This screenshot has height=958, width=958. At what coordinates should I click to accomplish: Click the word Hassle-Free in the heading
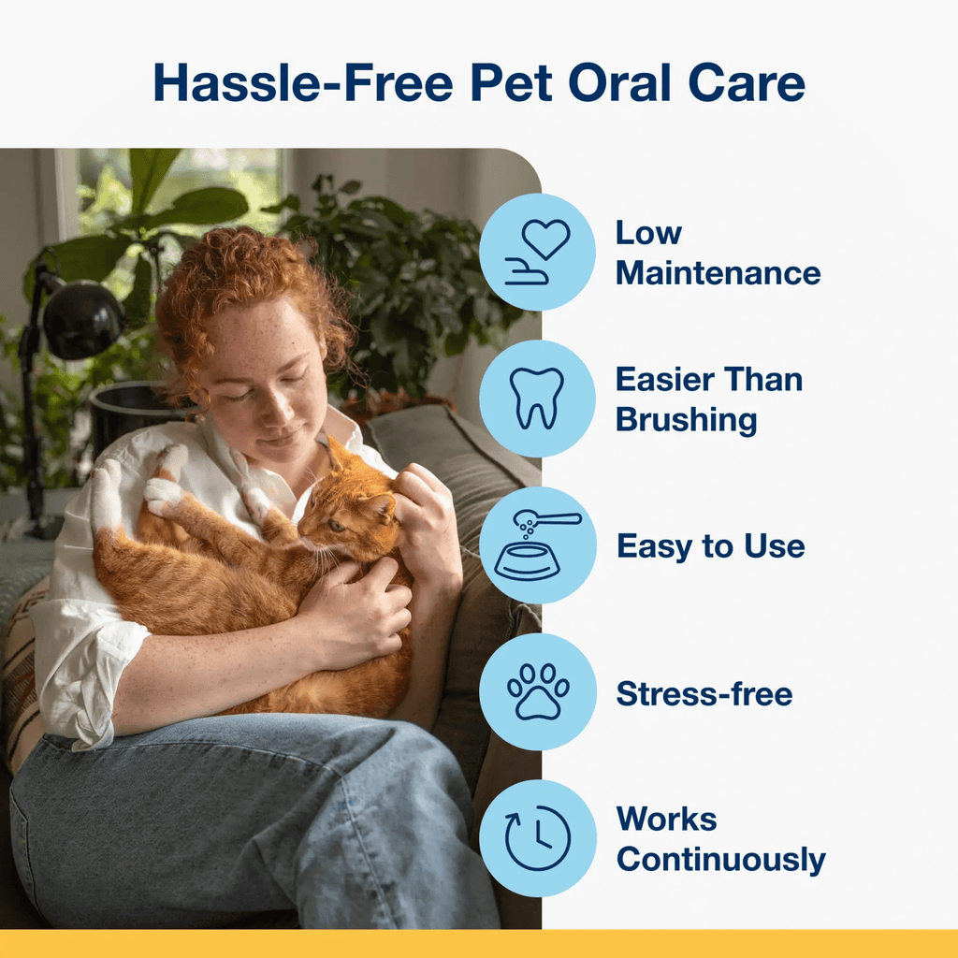pos(303,82)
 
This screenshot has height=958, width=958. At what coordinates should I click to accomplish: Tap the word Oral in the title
pos(619,82)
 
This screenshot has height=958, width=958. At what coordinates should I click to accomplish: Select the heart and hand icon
pos(537,253)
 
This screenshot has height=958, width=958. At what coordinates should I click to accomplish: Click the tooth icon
pos(536,399)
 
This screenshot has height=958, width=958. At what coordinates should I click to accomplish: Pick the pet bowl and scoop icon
pos(537,545)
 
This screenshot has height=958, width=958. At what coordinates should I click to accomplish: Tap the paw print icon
pos(538,691)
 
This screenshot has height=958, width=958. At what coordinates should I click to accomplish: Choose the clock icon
pos(538,837)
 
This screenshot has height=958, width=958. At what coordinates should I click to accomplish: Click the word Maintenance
pos(718,272)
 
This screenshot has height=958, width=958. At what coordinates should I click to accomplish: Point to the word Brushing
pos(686,420)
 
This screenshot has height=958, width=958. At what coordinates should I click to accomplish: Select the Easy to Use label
pos(711,545)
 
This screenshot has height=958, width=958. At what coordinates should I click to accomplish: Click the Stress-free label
pos(704,693)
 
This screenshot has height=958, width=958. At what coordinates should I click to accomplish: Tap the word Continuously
pos(721,860)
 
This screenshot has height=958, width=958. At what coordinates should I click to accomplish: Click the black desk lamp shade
pos(82,320)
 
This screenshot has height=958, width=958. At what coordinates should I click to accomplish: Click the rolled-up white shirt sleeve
pos(92,672)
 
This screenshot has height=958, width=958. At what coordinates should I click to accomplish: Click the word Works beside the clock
pos(666,820)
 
